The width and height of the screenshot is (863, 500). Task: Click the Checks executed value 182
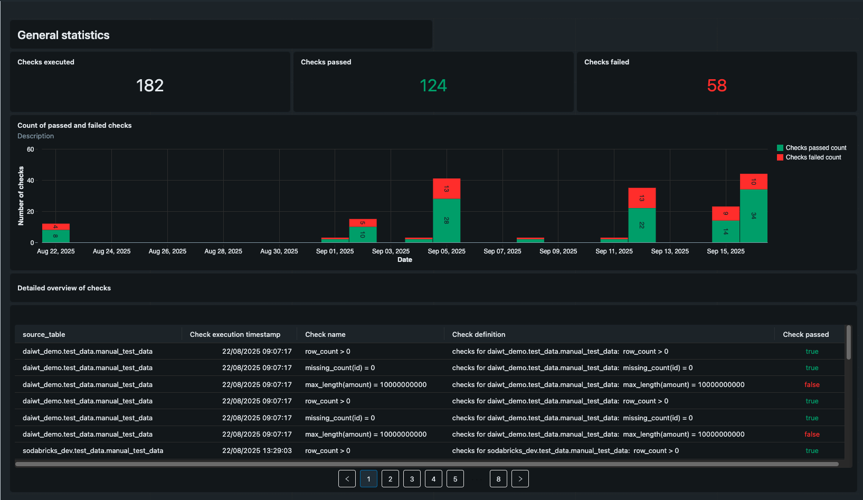click(150, 86)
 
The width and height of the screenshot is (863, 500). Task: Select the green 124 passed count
click(433, 86)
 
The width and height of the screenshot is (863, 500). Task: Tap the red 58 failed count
click(716, 86)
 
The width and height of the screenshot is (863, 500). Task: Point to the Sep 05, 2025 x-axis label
click(447, 251)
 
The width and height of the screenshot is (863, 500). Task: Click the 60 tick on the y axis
click(31, 149)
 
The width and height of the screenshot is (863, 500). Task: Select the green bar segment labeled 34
click(753, 216)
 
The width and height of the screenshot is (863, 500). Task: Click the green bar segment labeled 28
click(447, 221)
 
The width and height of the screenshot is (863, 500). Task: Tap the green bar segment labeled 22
click(642, 225)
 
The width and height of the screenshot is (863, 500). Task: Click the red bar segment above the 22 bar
click(642, 198)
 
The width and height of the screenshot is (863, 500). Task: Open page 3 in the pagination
click(412, 479)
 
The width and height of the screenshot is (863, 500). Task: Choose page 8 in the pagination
click(498, 479)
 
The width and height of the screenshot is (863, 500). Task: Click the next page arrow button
click(520, 479)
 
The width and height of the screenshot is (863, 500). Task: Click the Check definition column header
click(479, 335)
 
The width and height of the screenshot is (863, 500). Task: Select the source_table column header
click(44, 335)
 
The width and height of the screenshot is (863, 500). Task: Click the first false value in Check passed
click(812, 385)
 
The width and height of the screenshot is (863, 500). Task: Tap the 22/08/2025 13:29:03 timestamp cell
click(257, 451)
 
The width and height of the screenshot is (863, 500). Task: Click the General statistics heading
click(63, 35)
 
